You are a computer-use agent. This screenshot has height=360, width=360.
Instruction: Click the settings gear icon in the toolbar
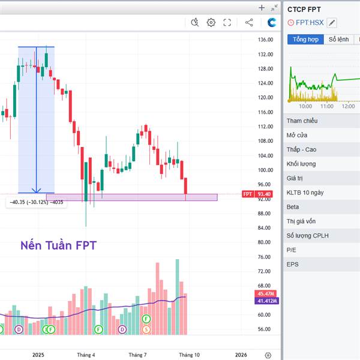tap(211, 23)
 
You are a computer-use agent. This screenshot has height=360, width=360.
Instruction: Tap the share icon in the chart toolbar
tap(249, 23)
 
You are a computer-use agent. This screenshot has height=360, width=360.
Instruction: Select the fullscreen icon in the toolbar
tap(227, 23)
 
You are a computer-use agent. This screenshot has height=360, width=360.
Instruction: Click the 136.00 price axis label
tap(265, 40)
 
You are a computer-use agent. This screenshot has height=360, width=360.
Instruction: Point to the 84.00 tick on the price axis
tap(265, 228)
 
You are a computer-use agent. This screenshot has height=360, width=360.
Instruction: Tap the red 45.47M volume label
tap(264, 293)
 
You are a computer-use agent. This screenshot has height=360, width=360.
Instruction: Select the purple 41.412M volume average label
tap(264, 301)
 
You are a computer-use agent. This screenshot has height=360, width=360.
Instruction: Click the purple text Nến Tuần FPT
tap(58, 245)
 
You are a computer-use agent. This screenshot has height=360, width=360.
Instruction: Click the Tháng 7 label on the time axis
tap(137, 355)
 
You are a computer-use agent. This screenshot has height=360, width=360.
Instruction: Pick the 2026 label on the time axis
tap(241, 355)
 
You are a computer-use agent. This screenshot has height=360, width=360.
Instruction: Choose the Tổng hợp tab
tap(305, 40)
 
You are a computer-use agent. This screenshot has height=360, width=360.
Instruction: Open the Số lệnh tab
tap(338, 40)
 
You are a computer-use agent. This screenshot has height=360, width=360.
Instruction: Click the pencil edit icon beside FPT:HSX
tap(332, 23)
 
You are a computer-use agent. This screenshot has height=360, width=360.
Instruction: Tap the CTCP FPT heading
tap(304, 9)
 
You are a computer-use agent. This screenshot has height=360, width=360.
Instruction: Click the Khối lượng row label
tap(301, 164)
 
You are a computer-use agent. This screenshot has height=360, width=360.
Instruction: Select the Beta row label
tap(293, 207)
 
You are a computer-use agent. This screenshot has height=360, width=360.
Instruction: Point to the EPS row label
tap(293, 264)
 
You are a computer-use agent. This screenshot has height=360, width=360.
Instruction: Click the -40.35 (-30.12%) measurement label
tap(35, 202)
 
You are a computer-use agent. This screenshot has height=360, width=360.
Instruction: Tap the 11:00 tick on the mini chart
tap(326, 106)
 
